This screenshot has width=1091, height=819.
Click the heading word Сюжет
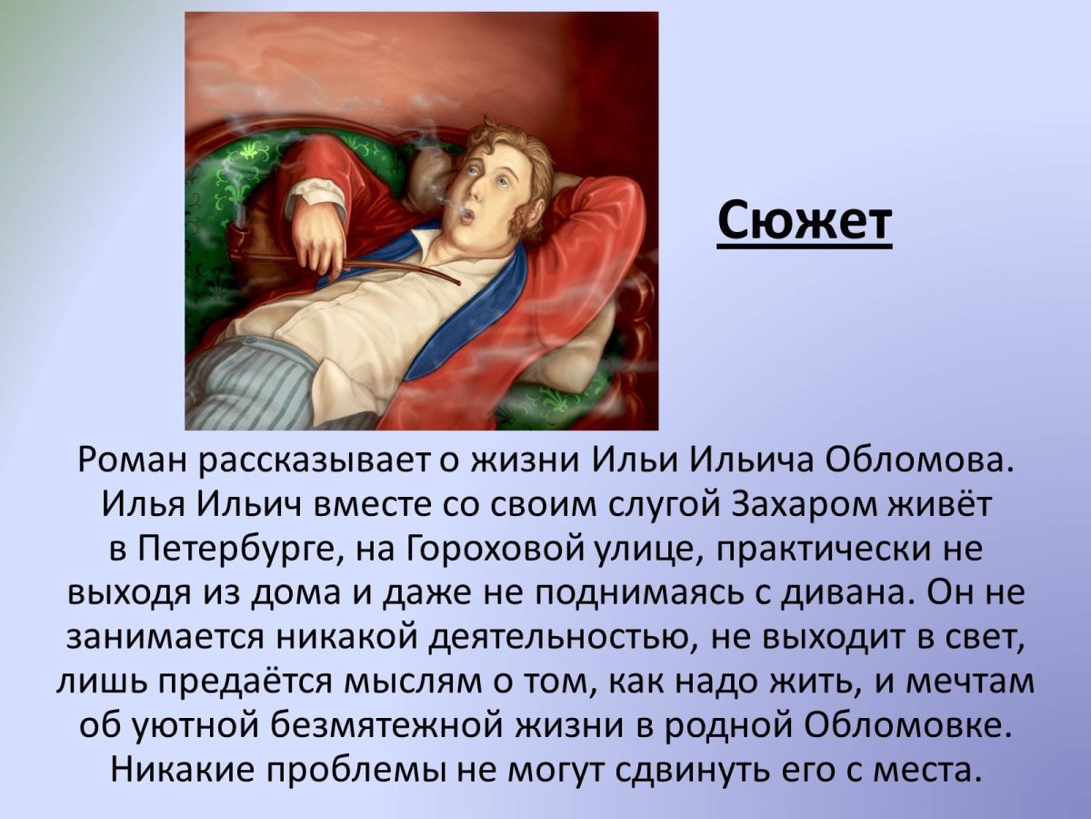(x=805, y=221)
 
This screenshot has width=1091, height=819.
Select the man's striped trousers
(x=245, y=382)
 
